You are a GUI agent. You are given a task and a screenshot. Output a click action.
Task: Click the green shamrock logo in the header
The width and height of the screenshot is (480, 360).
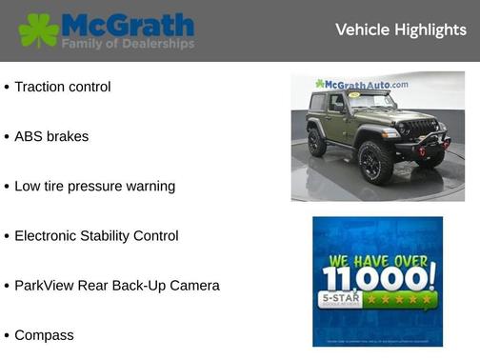tap(38, 30)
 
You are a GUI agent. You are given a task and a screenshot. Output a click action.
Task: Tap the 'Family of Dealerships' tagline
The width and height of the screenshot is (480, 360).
tap(129, 44)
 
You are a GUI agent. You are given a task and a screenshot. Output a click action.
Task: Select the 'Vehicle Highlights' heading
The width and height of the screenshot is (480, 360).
tap(400, 30)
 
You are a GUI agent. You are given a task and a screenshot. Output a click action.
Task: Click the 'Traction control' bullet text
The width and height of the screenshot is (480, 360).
tap(63, 87)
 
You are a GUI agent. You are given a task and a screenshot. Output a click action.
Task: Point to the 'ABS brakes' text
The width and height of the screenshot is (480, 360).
tap(51, 136)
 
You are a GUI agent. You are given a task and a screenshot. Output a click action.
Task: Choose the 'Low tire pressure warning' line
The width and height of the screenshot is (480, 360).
tap(94, 186)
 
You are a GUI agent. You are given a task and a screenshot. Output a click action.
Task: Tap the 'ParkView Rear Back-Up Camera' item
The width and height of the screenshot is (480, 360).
tap(116, 285)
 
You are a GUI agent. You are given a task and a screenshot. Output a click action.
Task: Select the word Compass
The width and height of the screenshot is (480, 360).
tap(44, 335)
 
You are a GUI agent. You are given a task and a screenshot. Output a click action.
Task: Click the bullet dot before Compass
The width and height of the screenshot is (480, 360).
tap(7, 336)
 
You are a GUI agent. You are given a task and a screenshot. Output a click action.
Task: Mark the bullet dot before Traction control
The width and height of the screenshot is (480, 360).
tap(7, 88)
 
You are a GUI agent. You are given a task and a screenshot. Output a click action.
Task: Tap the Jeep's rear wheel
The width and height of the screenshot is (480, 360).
tap(317, 142)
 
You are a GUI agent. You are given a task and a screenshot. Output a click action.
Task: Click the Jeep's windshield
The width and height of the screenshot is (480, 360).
tap(370, 101)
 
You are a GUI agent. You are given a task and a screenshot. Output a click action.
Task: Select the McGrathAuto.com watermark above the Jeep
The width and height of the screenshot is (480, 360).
tap(363, 85)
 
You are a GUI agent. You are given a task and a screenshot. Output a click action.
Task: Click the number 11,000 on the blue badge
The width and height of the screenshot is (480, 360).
tap(378, 278)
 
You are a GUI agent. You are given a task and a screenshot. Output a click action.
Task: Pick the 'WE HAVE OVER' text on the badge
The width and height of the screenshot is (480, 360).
tap(378, 258)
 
